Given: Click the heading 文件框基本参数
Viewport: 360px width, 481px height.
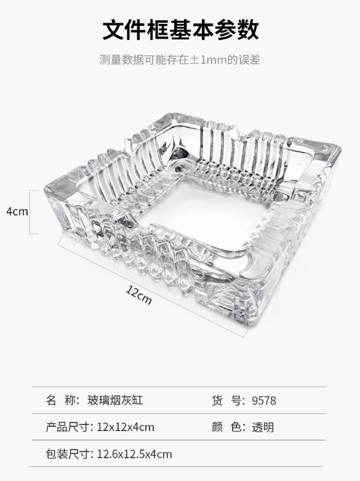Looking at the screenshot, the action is point(180,30).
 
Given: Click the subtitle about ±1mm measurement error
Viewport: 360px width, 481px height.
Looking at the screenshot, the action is point(180,60).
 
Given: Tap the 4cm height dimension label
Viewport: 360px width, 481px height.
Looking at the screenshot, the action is point(17,211).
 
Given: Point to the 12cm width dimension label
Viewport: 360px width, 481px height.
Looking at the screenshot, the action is point(138,295).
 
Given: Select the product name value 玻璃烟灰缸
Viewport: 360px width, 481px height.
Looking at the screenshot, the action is point(115,400).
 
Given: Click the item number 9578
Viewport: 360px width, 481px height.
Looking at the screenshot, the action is point(264,401).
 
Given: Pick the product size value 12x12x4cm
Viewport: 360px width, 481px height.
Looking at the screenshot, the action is point(126,427).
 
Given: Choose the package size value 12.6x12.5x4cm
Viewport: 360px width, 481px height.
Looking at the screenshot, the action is point(134,454).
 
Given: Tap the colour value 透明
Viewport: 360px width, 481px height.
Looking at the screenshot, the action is point(263,427).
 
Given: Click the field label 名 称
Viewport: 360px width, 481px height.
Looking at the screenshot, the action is point(63,400).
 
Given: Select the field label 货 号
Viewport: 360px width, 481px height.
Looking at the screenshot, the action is point(228,400).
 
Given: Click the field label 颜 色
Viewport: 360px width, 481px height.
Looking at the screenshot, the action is point(228,427).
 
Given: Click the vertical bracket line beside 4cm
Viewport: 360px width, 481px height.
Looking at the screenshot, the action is point(30,212).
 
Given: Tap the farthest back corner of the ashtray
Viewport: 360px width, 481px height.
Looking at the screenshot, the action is point(175,113).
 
